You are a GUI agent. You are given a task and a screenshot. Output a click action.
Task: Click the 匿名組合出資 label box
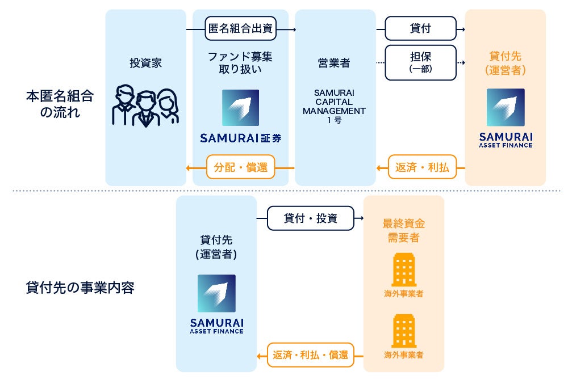coord(241,28)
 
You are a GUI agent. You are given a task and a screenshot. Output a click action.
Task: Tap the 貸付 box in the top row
coord(420,28)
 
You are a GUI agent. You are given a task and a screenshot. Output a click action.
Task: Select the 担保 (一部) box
coord(420,62)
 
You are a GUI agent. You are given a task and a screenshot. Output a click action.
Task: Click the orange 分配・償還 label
coord(241,167)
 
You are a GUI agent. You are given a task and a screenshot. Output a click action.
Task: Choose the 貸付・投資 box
coord(310,218)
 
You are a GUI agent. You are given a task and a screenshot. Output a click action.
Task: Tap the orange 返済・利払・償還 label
coord(310,355)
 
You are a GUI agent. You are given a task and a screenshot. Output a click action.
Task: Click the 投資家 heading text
coord(145,63)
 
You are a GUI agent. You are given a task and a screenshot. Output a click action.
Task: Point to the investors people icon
coord(145,106)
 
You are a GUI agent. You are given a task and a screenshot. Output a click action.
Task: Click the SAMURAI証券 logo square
coord(240,108)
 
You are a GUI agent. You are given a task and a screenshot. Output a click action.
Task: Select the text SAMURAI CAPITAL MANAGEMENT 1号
coord(335,106)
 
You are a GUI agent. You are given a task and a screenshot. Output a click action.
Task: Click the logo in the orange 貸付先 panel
coord(506,107)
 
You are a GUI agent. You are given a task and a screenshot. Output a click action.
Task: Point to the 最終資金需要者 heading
coord(404,230)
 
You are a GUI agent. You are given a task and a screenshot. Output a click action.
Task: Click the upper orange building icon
coord(403,270)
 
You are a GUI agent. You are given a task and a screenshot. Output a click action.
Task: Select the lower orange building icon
coord(403,331)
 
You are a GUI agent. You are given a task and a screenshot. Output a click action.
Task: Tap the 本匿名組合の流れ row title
coord(59,103)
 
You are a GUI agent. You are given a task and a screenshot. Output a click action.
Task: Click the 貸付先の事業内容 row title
coord(80,287)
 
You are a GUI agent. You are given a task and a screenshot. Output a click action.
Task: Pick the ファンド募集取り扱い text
coord(240,63)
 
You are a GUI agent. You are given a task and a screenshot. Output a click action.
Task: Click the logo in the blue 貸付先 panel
coord(216,293)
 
